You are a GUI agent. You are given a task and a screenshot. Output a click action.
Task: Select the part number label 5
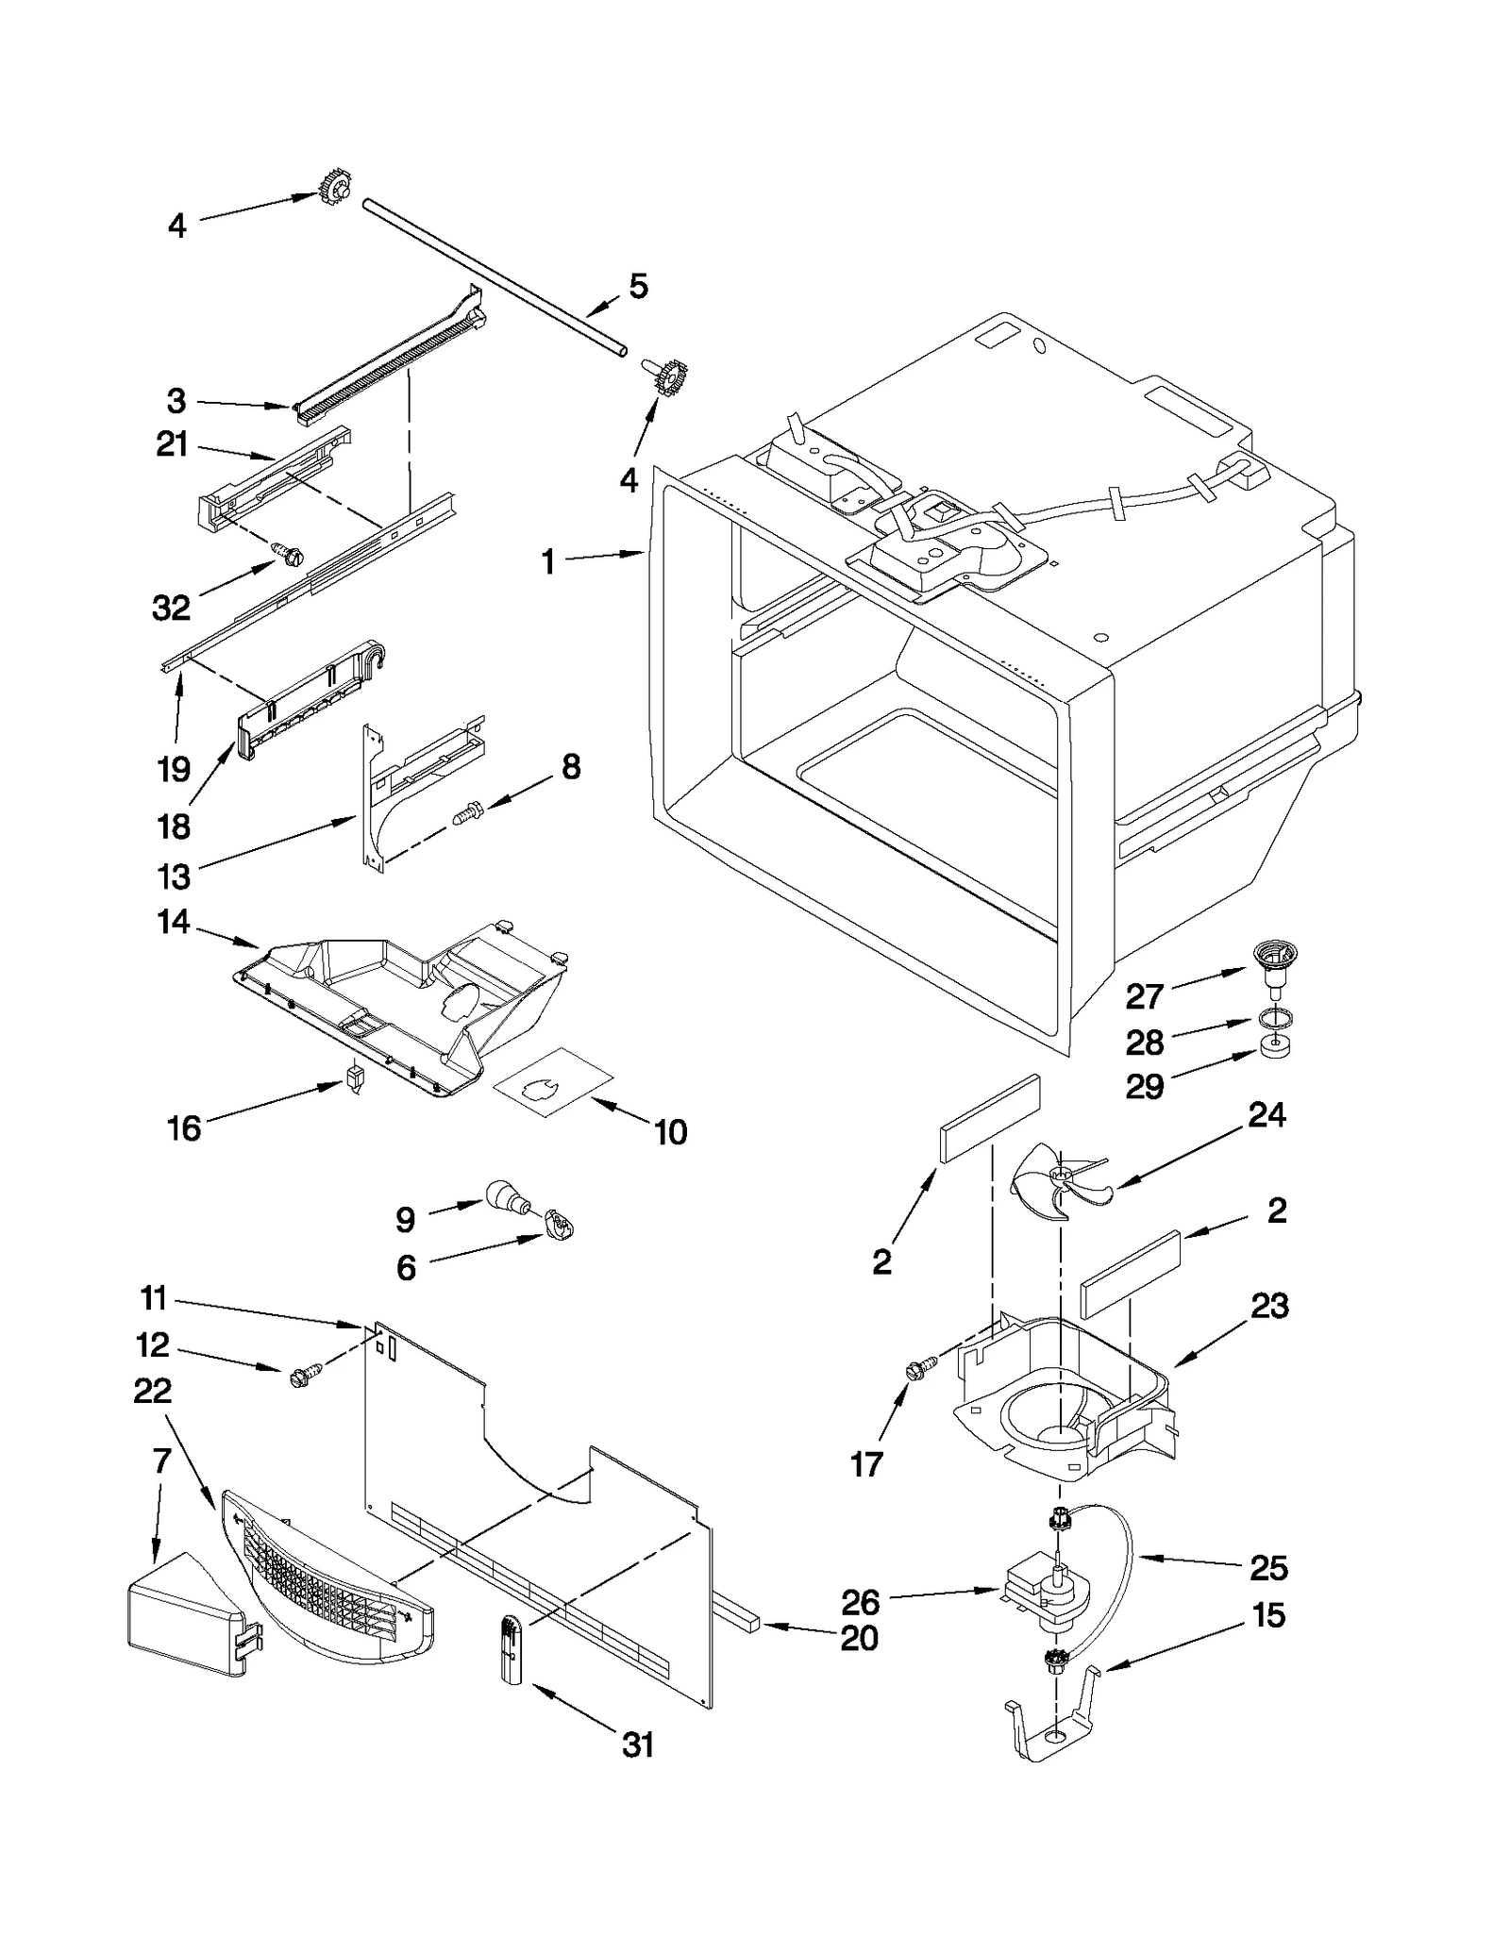coord(639,287)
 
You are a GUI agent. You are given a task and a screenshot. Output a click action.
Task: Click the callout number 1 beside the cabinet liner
coord(548,562)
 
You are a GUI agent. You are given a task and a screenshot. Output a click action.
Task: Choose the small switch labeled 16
coord(356,1077)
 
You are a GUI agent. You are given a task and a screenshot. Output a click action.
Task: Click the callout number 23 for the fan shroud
coord(1269,1307)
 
